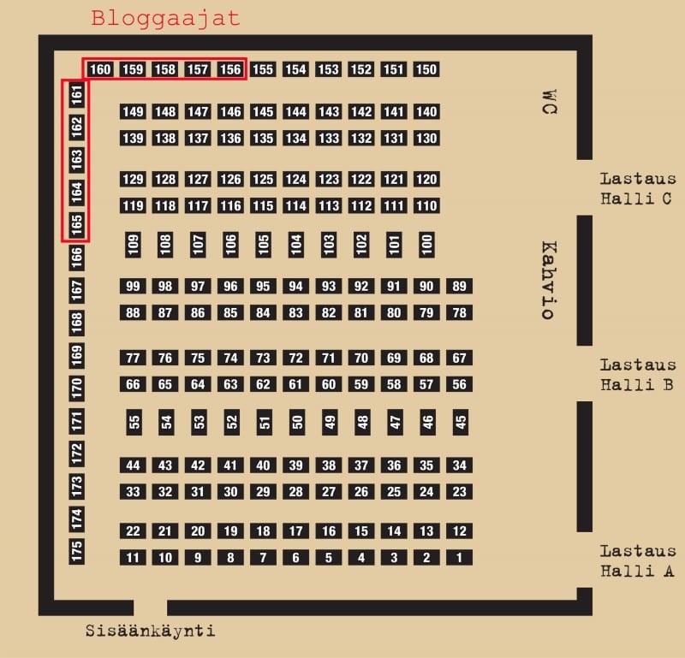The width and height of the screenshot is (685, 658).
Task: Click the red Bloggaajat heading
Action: pos(165,19)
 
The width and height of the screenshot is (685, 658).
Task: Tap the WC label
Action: pos(550,102)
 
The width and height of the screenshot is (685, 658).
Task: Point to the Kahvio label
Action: pos(549,280)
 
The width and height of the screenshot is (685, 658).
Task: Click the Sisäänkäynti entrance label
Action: pos(151,631)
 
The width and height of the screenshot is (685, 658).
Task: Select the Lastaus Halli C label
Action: pos(638,188)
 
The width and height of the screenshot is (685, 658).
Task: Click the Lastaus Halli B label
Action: pos(638,375)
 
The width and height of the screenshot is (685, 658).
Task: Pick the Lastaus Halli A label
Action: pos(638,561)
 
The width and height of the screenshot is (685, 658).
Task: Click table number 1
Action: pos(459,558)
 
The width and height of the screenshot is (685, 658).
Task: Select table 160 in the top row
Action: pos(100,69)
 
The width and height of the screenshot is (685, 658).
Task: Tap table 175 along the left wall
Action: pos(76,551)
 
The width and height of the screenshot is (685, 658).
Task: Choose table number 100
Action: pos(426,245)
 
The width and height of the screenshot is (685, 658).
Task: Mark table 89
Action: pos(459,287)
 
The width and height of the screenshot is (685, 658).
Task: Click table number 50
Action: pos(297,422)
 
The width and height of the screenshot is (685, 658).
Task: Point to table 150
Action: pos(426,69)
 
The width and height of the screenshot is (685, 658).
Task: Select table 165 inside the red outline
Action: pos(76,224)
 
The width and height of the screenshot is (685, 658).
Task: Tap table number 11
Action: pos(133,558)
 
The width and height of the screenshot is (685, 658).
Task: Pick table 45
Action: pos(461,422)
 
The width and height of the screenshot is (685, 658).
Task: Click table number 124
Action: pos(295,180)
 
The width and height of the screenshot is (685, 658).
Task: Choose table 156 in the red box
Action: pos(230,69)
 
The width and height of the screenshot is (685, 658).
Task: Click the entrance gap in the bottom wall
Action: pos(151,608)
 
